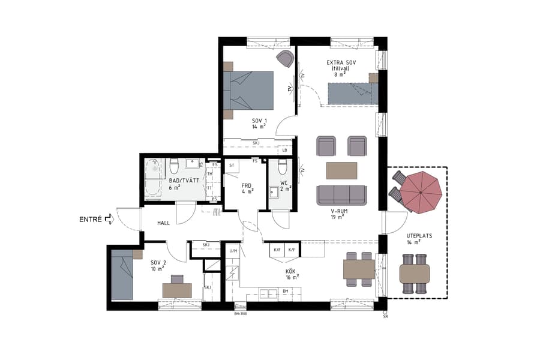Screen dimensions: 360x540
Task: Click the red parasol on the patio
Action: coord(421,191)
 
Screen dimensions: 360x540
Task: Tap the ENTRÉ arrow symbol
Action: coord(109,220)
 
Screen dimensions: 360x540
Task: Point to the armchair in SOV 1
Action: coord(285,59)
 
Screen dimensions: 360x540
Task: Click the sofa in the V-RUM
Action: coord(341,194)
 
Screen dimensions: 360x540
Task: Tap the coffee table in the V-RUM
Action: coord(341,170)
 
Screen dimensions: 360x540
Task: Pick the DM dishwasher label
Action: coord(285,291)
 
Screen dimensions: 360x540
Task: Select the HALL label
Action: coord(164,223)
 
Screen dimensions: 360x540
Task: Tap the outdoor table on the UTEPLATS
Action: coord(414,274)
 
